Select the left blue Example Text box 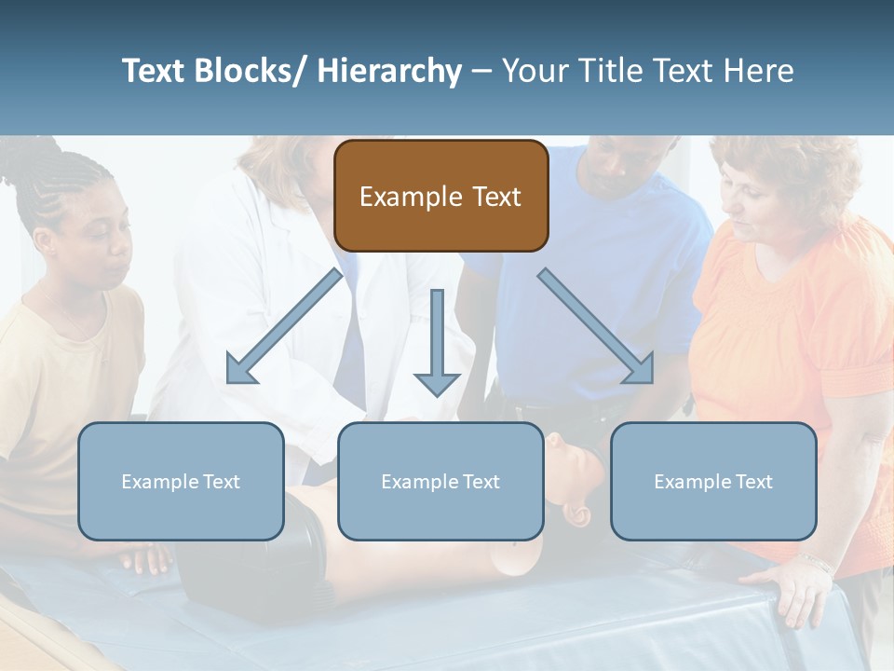181,481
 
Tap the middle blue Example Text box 440,481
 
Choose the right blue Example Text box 713,481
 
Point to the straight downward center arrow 437,341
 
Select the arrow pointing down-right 597,327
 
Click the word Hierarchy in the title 388,71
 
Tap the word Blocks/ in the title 255,71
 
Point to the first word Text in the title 156,71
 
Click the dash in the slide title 481,72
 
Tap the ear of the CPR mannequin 577,515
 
